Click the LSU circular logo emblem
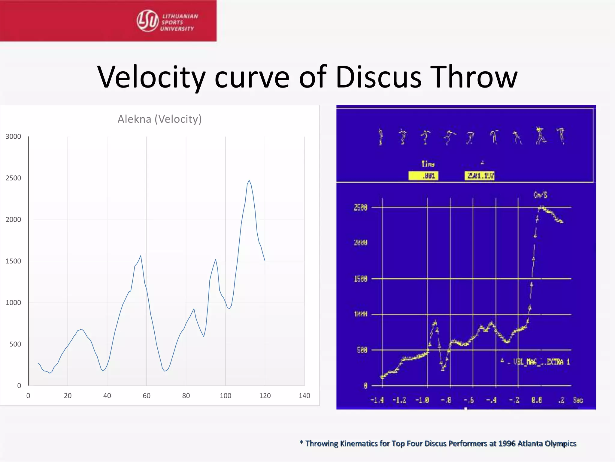[147, 21]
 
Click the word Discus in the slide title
[379, 77]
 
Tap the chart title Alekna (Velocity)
[159, 119]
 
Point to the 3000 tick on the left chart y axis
[13, 137]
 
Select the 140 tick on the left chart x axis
[304, 396]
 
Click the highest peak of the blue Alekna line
[249, 180]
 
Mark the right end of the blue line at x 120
[265, 260]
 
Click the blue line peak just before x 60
[141, 256]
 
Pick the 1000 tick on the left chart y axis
[13, 303]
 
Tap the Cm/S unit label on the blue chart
[540, 195]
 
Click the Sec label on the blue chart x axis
[578, 400]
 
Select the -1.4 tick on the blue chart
[377, 400]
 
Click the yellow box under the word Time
[423, 176]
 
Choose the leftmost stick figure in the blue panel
[381, 137]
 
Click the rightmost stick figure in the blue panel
[561, 136]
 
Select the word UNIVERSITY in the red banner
[177, 29]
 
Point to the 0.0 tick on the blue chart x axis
[536, 400]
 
